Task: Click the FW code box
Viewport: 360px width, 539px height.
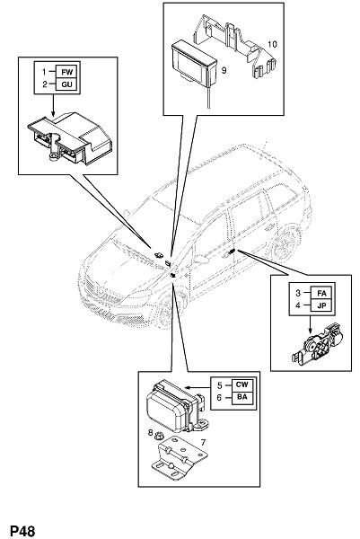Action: tap(67, 72)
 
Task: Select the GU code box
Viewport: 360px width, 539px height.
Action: tap(67, 84)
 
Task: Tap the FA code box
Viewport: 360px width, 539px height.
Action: tap(321, 293)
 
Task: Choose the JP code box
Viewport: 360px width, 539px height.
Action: tap(321, 305)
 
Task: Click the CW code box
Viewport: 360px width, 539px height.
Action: tap(242, 384)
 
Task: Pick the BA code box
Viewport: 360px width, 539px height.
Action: tap(242, 397)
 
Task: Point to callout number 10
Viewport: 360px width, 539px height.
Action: tap(272, 44)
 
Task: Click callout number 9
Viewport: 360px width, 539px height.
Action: tap(224, 70)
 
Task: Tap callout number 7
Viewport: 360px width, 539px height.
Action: tap(204, 442)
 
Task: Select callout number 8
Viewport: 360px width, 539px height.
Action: tap(150, 432)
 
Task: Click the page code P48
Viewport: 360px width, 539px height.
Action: tap(22, 531)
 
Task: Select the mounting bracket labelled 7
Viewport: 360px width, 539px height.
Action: tap(180, 457)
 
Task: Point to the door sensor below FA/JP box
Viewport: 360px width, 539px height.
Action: tap(318, 344)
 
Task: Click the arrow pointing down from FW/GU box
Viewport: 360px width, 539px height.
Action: tap(53, 105)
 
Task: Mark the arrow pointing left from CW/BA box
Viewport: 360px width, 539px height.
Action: tap(198, 386)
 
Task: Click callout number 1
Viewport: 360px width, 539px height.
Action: tap(44, 72)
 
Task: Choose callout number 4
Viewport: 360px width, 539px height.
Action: tap(298, 305)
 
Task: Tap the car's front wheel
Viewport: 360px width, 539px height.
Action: tap(164, 311)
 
